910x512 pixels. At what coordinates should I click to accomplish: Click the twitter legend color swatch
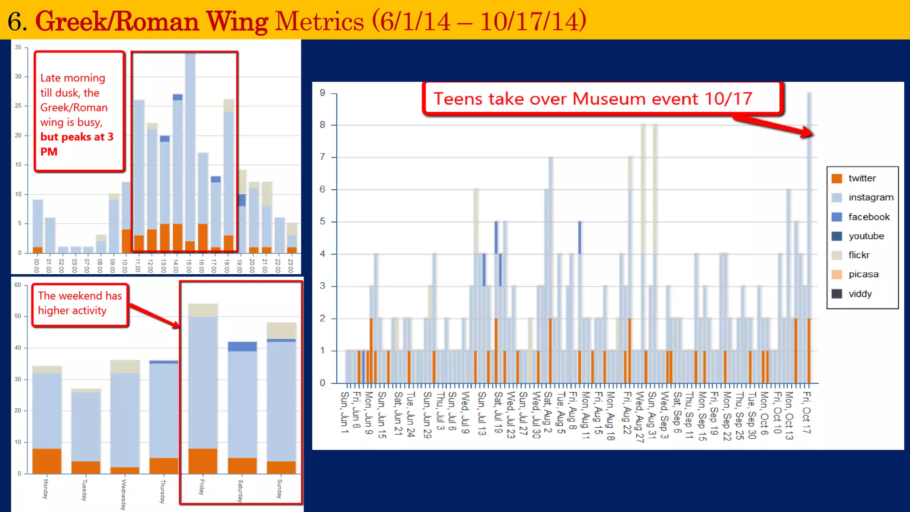click(837, 179)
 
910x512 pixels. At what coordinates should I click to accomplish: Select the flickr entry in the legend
click(858, 255)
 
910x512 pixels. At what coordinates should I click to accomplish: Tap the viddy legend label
click(860, 294)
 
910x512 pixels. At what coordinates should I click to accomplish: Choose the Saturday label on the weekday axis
click(240, 491)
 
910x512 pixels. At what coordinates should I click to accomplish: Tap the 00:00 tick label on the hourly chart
click(36, 265)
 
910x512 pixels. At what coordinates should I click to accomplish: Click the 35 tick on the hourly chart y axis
click(18, 47)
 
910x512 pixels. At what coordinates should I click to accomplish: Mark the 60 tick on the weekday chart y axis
click(18, 285)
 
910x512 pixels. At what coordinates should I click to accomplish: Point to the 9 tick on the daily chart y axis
click(322, 93)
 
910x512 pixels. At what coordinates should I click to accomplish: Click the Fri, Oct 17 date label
click(806, 412)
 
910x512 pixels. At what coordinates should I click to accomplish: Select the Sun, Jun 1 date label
click(344, 412)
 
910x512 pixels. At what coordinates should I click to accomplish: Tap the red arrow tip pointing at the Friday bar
click(177, 327)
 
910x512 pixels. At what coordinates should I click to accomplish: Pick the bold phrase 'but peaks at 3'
click(77, 137)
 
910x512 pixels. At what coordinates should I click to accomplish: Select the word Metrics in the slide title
click(319, 21)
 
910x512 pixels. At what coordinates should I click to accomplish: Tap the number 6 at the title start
click(15, 21)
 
